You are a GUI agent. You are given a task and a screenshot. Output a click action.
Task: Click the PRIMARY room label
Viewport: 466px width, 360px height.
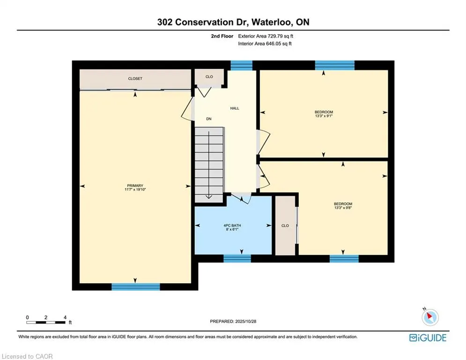point(135,186)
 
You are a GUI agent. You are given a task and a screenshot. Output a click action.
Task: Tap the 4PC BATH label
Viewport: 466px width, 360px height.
point(232,225)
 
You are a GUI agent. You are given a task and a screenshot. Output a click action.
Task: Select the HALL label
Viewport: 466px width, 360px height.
point(235,108)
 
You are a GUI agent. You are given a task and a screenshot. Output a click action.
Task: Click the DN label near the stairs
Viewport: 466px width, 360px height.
point(209,119)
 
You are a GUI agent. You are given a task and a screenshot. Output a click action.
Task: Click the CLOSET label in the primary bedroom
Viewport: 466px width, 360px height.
point(135,79)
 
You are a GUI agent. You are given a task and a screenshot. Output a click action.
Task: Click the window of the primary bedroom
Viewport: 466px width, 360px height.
point(135,286)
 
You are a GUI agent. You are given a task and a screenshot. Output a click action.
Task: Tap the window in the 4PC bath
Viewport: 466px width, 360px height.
point(237,258)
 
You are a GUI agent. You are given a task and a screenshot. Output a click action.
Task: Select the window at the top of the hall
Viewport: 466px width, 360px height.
point(242,65)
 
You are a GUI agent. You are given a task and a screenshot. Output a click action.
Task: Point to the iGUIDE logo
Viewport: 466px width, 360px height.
point(428,338)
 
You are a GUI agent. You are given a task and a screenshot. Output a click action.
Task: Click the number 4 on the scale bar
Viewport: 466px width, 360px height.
point(65,317)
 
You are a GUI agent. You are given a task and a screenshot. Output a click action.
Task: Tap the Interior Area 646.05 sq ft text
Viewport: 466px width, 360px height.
point(265,44)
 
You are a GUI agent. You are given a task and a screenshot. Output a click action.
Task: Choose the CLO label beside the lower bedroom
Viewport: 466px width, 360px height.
point(285,225)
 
